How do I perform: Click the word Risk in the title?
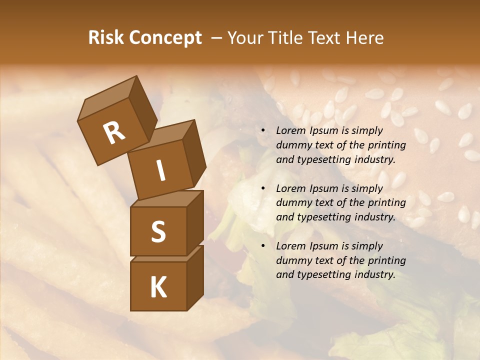tap(106, 38)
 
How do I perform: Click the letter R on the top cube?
tap(114, 133)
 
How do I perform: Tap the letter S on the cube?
tap(158, 231)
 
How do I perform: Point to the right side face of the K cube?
tap(195, 277)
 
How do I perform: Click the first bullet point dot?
tap(263, 130)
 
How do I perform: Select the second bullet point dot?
tap(263, 188)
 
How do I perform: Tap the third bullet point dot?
tap(263, 246)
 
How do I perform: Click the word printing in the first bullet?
tap(386, 145)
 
